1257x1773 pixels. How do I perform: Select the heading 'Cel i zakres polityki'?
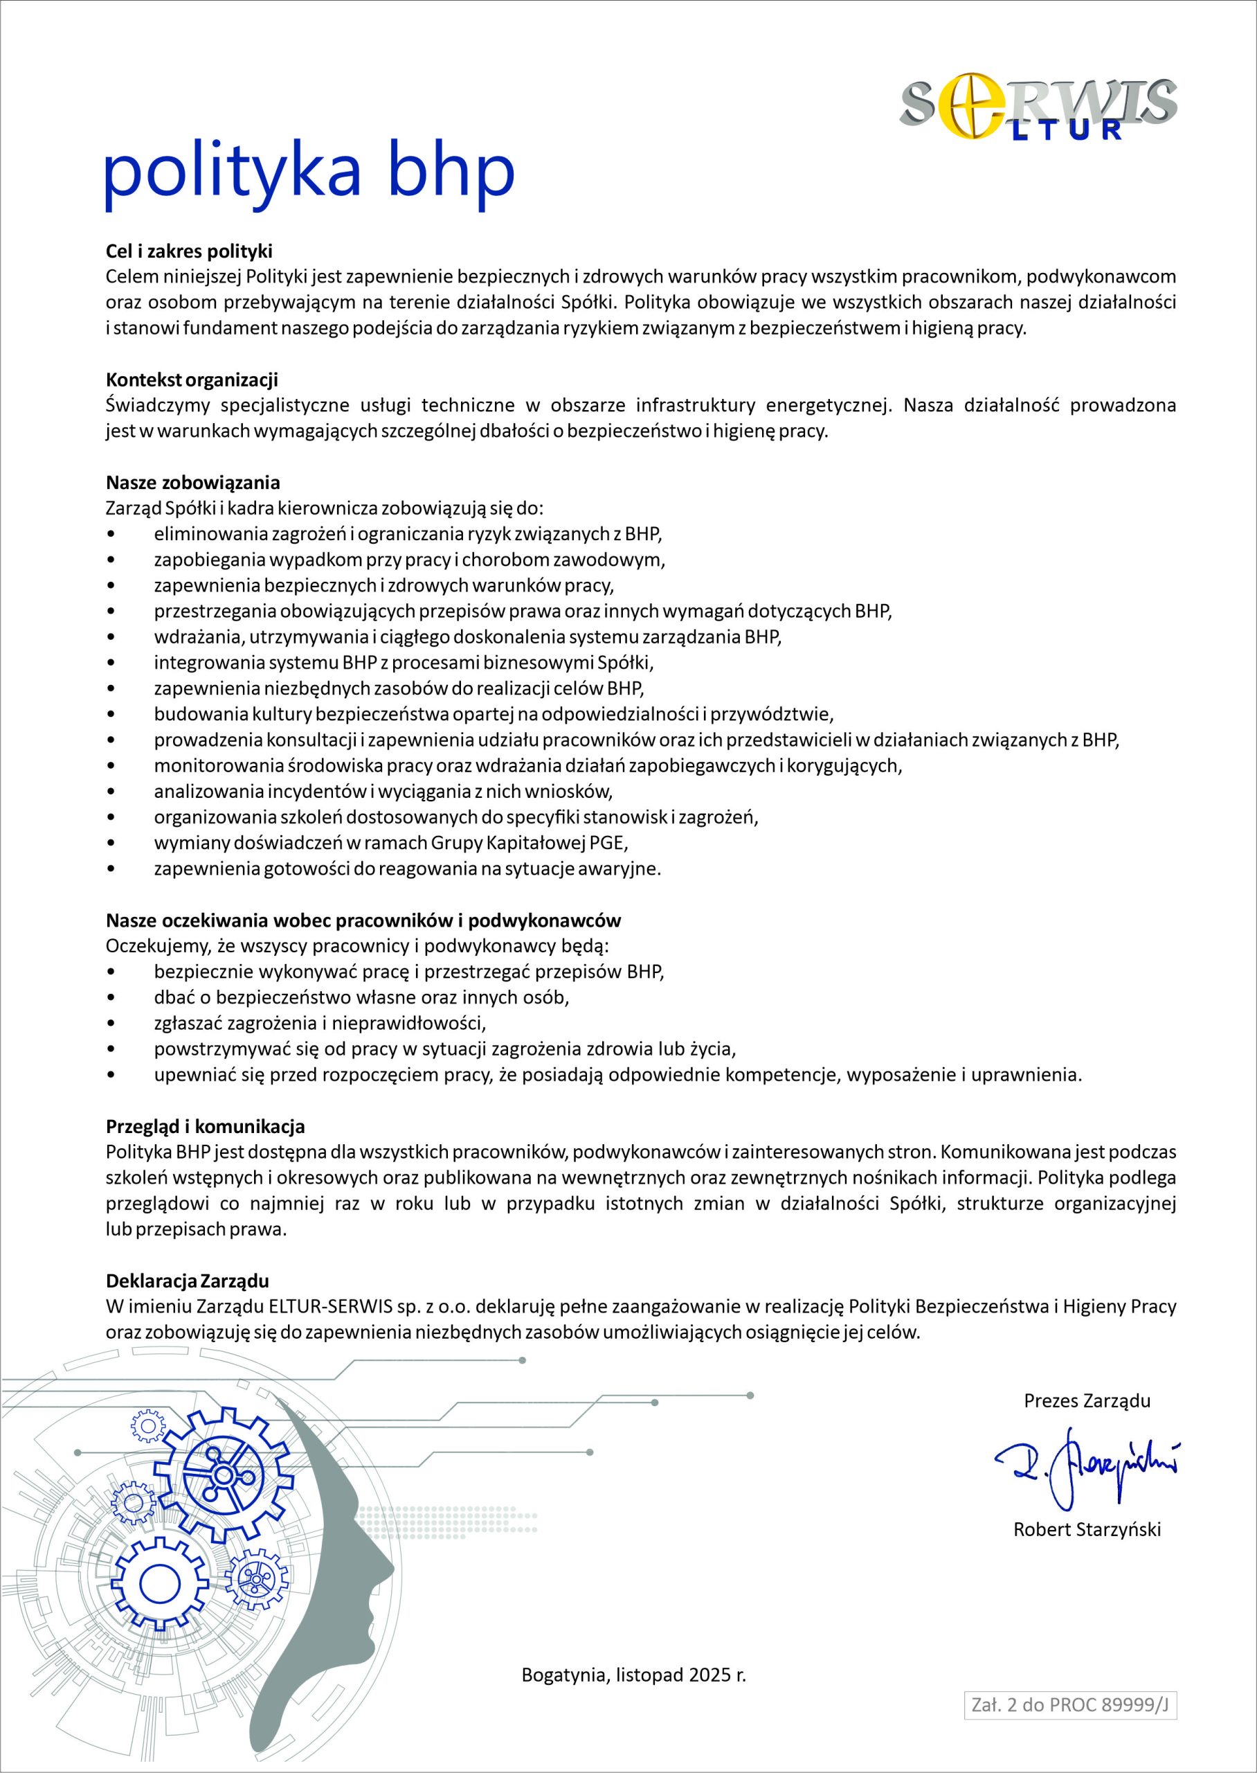[x=189, y=251]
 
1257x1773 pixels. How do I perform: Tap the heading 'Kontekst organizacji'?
[x=192, y=380]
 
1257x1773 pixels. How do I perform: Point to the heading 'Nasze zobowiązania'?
[x=192, y=482]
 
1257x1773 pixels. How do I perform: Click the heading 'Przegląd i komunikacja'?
[x=205, y=1125]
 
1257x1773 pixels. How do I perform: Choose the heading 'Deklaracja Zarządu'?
[x=188, y=1281]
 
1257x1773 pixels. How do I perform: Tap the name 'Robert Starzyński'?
[x=1087, y=1529]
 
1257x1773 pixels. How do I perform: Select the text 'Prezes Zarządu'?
[x=1087, y=1400]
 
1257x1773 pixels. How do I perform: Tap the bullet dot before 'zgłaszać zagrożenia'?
[x=113, y=1023]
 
